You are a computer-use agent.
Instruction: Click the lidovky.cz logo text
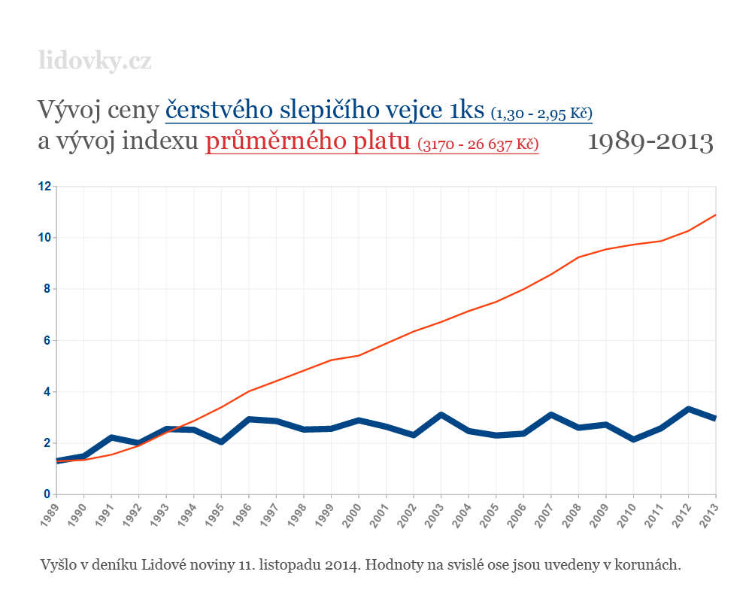[x=95, y=60]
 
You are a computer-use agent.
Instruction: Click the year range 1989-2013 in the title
[x=650, y=141]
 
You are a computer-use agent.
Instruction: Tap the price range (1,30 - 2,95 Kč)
[x=541, y=114]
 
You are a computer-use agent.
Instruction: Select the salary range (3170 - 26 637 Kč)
[x=478, y=144]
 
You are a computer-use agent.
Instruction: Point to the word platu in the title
[x=374, y=141]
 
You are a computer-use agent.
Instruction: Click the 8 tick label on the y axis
[x=47, y=289]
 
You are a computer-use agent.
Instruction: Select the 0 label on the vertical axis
[x=47, y=494]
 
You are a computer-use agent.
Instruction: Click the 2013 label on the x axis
[x=709, y=512]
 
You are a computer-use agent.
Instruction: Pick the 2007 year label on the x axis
[x=550, y=512]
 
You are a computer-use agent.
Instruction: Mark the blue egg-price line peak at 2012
[x=688, y=409]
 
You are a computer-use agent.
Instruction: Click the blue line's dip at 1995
[x=222, y=442]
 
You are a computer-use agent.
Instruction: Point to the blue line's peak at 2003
[x=441, y=415]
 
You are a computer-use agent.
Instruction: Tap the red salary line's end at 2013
[x=714, y=215]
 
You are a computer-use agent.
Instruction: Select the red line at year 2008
[x=578, y=257]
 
